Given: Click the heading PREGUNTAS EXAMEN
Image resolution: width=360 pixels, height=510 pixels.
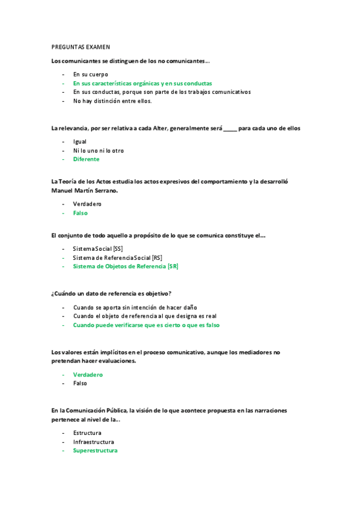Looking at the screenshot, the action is [81, 46].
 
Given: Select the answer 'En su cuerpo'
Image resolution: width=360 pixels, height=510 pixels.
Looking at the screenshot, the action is [90, 74].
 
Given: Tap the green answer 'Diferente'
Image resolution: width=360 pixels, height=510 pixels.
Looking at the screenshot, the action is [86, 159].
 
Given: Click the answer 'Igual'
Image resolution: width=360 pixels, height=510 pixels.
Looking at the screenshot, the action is [80, 141].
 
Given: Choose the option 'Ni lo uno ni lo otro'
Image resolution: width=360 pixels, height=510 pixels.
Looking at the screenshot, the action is [98, 150].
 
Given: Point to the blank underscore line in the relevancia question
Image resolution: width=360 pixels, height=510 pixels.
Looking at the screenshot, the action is [230, 128].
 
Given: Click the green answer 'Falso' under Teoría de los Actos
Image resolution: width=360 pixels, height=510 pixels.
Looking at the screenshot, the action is [81, 213].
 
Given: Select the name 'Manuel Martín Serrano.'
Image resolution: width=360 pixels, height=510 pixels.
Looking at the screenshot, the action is [85, 190].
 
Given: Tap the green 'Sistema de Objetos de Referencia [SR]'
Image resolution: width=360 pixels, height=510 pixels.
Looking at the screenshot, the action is [125, 266].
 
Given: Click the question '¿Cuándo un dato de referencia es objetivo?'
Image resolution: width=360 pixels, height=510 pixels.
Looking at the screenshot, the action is [112, 293].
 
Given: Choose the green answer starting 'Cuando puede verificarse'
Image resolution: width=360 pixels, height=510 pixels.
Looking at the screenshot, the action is [146, 325].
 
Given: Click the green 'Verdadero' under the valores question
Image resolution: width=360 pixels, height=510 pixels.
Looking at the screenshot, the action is [88, 374].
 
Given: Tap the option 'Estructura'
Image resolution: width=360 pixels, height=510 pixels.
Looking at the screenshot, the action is [87, 433].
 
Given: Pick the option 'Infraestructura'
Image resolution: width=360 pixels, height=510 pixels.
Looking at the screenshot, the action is [93, 441].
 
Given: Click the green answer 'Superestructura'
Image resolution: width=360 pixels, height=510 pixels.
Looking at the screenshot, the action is [95, 450].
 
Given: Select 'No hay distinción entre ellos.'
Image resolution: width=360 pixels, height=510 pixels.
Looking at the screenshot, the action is [112, 101].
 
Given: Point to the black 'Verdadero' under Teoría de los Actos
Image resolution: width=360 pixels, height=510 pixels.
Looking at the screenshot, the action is [88, 204].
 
